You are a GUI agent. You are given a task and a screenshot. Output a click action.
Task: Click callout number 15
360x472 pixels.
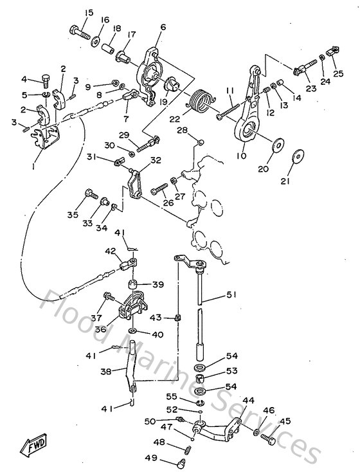pyautogui.click(x=88, y=13)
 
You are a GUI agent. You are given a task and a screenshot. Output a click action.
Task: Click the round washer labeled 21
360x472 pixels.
pyautogui.click(x=298, y=157)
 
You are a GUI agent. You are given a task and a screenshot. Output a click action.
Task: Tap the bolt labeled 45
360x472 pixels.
pyautogui.click(x=269, y=439)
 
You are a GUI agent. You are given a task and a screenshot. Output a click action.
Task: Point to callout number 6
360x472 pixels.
pyautogui.click(x=163, y=27)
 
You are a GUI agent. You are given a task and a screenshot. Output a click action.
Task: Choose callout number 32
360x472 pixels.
pyautogui.click(x=156, y=161)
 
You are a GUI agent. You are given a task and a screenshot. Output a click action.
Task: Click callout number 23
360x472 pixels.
pyautogui.click(x=310, y=89)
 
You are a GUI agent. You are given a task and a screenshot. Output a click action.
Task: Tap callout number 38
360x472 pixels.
pyautogui.click(x=106, y=371)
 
